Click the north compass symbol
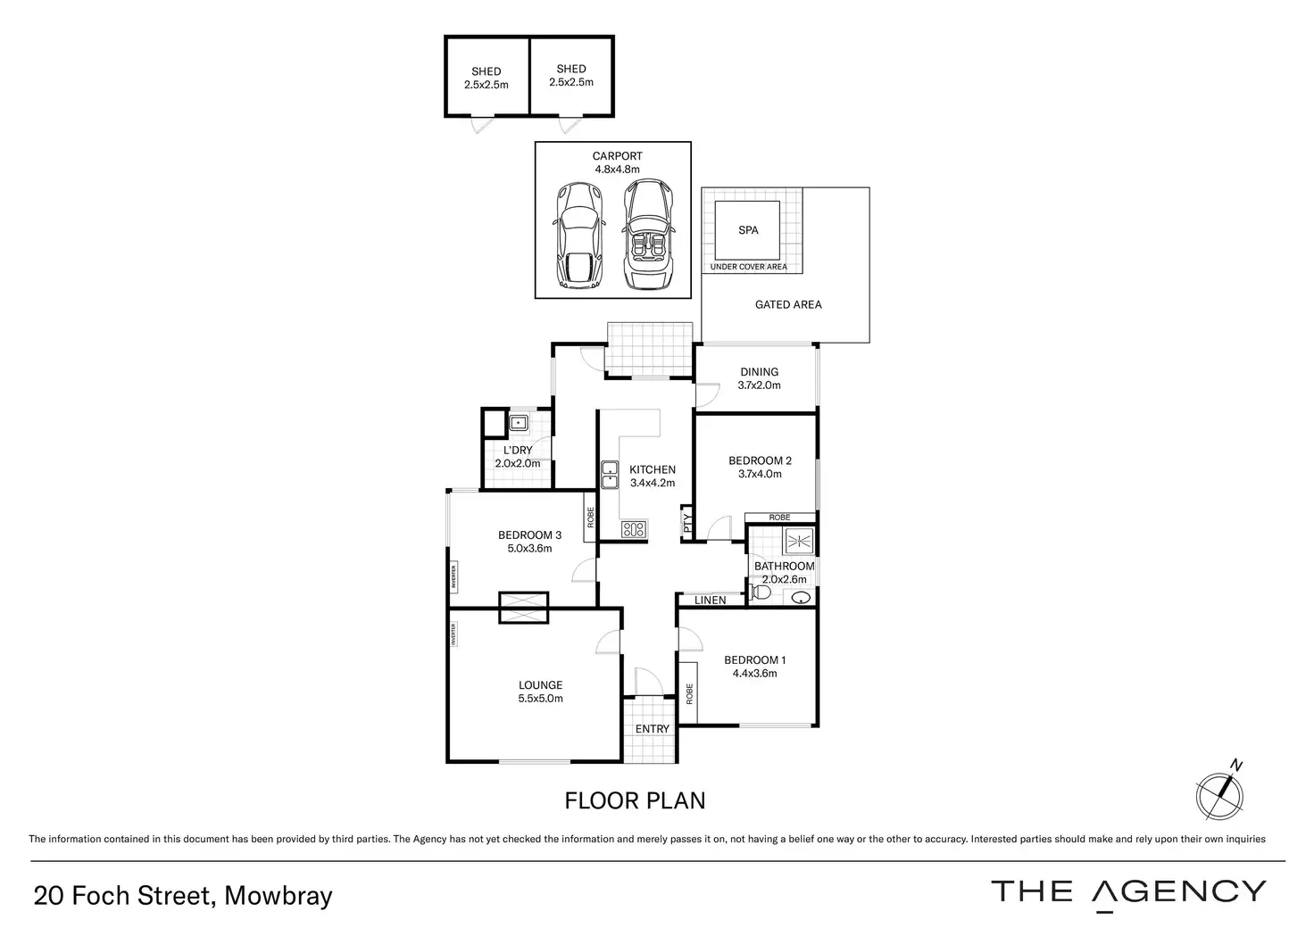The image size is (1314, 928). [x=1218, y=794]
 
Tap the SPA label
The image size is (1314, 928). [x=748, y=230]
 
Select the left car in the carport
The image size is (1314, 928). [x=578, y=236]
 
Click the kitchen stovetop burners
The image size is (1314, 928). [x=634, y=529]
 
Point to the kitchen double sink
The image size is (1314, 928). [x=610, y=475]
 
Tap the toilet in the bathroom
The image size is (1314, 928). [x=761, y=592]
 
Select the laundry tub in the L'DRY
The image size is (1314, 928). [x=519, y=422]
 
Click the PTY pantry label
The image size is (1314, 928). [x=687, y=523]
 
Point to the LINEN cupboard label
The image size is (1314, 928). [x=711, y=601]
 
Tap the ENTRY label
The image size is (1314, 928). [x=652, y=729]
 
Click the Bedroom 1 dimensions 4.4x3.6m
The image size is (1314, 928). [x=755, y=674]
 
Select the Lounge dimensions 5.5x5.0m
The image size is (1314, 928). [x=541, y=699]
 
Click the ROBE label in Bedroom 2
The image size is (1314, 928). [x=779, y=518]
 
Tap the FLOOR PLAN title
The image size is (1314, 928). [x=635, y=800]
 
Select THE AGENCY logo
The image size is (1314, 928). [x=1128, y=891]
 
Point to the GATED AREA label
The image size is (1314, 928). [x=788, y=305]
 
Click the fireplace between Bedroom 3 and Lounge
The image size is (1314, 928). [x=524, y=607]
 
